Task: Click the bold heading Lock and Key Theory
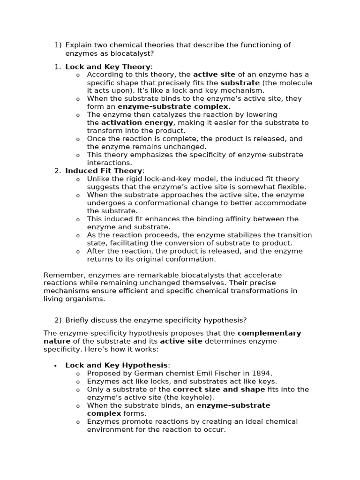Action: pyautogui.click(x=108, y=67)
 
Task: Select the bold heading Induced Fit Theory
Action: pyautogui.click(x=104, y=171)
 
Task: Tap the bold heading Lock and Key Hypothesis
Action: pyautogui.click(x=116, y=365)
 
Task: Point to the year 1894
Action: pyautogui.click(x=261, y=374)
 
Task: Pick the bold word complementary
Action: pyautogui.click(x=269, y=333)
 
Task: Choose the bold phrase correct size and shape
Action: pyautogui.click(x=219, y=390)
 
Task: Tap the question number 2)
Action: pyautogui.click(x=58, y=320)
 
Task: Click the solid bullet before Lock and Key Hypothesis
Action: pyautogui.click(x=56, y=366)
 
